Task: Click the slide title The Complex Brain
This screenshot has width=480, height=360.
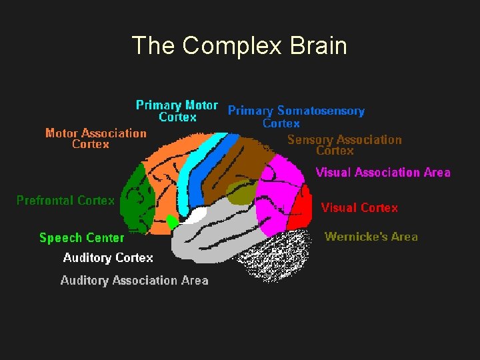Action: pyautogui.click(x=239, y=46)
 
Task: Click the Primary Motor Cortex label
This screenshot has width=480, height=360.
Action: pyautogui.click(x=177, y=111)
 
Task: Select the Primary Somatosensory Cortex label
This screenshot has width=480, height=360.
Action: pyautogui.click(x=296, y=117)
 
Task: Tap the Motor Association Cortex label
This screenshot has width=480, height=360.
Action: pyautogui.click(x=95, y=138)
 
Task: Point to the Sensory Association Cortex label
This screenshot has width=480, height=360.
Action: pyautogui.click(x=344, y=145)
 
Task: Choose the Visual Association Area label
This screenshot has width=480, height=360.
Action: pyautogui.click(x=383, y=173)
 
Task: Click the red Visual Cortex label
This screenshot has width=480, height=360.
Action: pyautogui.click(x=359, y=208)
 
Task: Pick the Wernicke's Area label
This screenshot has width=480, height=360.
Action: pyautogui.click(x=371, y=237)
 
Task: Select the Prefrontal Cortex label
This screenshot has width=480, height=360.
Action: pyautogui.click(x=65, y=200)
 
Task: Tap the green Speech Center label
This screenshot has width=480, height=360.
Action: pyautogui.click(x=81, y=238)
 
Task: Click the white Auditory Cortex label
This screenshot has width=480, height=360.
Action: pyautogui.click(x=108, y=258)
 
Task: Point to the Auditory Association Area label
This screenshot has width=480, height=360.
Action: pyautogui.click(x=134, y=281)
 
